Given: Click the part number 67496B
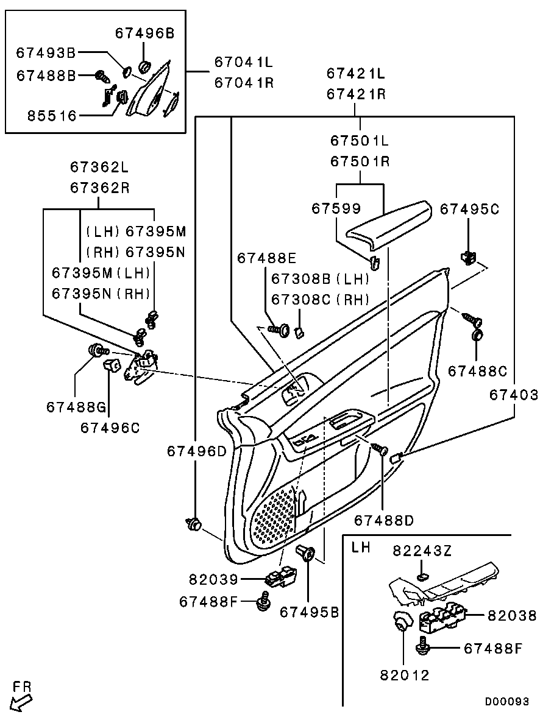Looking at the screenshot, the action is [145, 34].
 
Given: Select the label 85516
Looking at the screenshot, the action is [52, 116].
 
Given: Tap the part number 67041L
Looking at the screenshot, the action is [244, 62].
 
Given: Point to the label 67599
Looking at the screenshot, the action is [336, 208].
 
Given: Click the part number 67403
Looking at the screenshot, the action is [514, 395].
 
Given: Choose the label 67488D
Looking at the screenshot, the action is [384, 520].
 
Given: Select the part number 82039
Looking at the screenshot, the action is [213, 579].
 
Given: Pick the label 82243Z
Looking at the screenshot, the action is [422, 551].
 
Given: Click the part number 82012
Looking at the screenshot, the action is [405, 675].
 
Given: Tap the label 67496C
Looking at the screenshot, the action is [110, 428].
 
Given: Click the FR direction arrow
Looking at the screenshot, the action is [21, 704].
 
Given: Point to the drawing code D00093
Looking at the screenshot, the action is [506, 702].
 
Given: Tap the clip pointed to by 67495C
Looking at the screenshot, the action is [468, 257].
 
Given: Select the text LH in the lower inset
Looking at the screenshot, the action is [361, 548].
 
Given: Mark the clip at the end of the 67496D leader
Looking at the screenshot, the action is [194, 524].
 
